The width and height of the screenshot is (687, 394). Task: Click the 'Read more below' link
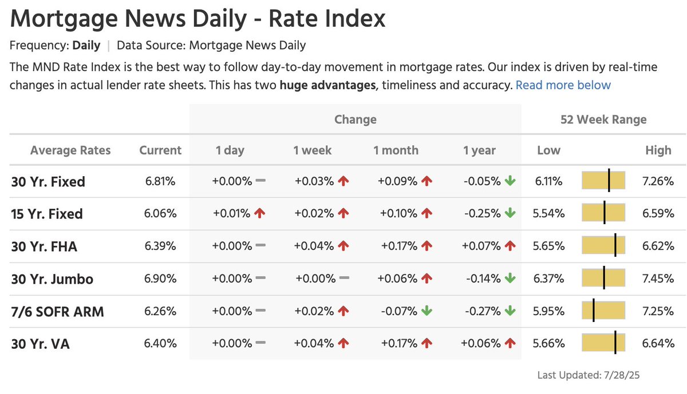tap(563, 85)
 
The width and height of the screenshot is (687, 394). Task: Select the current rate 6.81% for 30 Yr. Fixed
tap(160, 182)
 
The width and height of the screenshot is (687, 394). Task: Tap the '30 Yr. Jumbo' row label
tap(52, 280)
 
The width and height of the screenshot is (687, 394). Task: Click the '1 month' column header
tap(396, 150)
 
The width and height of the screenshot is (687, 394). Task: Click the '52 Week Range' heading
tap(603, 120)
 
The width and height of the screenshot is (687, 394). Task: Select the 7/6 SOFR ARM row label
tap(57, 312)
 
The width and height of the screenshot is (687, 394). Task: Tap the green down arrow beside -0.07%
tap(427, 312)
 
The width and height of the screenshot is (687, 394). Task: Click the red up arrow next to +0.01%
tap(260, 214)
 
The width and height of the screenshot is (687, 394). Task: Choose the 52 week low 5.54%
tap(549, 214)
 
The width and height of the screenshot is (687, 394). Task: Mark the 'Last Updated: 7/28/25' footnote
tap(591, 376)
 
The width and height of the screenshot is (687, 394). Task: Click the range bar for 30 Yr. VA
tap(603, 344)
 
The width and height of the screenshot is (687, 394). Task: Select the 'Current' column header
tap(160, 150)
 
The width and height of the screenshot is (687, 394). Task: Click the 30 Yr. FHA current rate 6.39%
tap(160, 246)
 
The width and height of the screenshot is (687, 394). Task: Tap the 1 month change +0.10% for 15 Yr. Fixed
tap(398, 214)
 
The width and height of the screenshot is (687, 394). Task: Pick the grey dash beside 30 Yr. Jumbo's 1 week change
tap(344, 278)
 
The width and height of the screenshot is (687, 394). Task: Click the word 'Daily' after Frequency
tap(86, 45)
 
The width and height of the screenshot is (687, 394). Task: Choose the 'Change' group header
tap(356, 120)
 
